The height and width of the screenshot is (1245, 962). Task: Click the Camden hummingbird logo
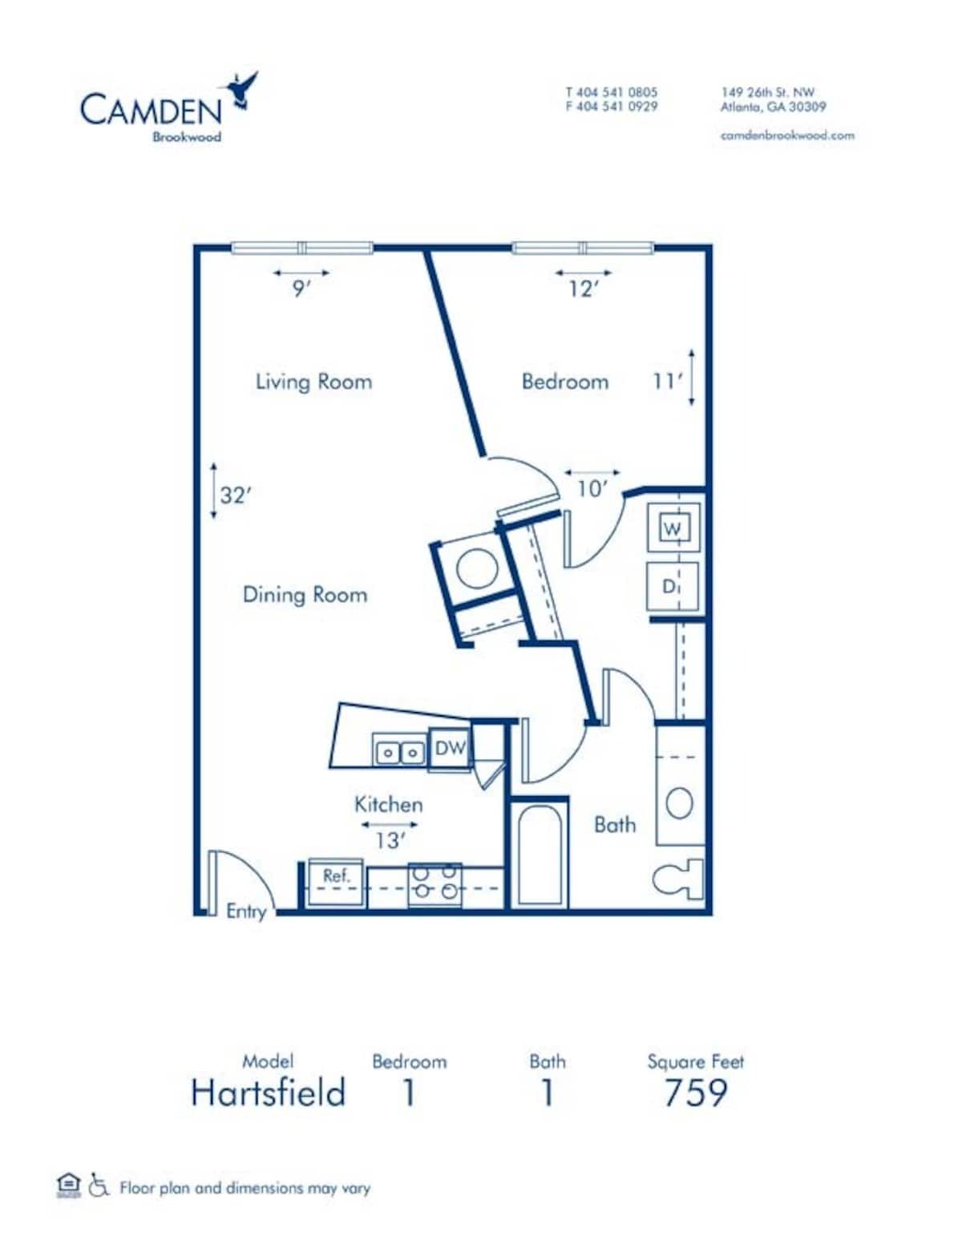click(243, 90)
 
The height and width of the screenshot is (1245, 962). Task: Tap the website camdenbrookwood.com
click(786, 135)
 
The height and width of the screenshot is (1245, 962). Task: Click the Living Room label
click(313, 381)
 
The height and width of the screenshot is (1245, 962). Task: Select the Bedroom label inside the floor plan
click(564, 381)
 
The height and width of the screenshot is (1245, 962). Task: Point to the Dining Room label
click(305, 594)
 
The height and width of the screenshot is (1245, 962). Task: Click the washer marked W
click(673, 528)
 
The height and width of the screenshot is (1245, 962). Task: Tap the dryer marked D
click(672, 587)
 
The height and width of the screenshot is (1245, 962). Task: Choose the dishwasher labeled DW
click(450, 749)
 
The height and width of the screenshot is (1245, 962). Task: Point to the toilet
click(680, 879)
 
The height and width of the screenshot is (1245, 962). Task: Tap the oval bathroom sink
click(679, 802)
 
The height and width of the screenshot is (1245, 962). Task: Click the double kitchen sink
click(399, 753)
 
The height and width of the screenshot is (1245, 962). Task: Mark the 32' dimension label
click(235, 495)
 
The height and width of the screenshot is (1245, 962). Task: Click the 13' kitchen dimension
click(389, 840)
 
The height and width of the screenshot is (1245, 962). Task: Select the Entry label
click(245, 911)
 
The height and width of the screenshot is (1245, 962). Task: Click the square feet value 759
click(695, 1093)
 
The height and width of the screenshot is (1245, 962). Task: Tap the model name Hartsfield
click(269, 1093)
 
